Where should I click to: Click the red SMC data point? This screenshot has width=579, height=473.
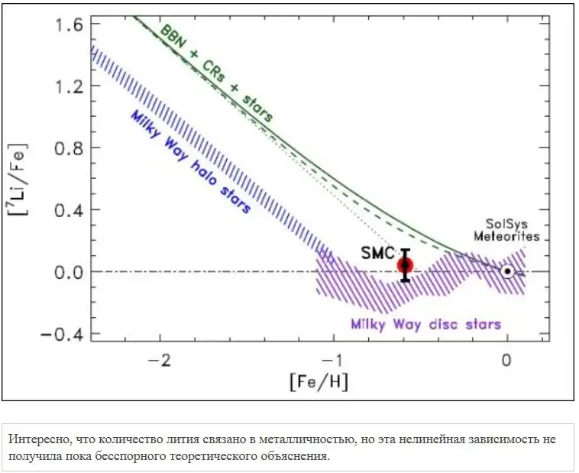(405, 265)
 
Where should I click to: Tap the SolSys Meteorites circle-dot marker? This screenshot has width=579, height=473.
(506, 271)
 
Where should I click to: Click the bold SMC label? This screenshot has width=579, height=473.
(377, 253)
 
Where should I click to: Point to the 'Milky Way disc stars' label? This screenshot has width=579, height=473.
(426, 324)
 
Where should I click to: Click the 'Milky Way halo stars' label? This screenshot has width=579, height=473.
(192, 160)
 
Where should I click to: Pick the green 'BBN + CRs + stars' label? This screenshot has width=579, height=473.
(217, 73)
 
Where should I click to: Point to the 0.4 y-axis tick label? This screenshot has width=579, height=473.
(64, 209)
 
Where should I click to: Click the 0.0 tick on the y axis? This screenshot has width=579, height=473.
(64, 271)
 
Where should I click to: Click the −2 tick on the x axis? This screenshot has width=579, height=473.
(159, 358)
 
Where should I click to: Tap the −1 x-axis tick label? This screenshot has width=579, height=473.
(332, 358)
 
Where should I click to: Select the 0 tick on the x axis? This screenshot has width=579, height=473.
(506, 358)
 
